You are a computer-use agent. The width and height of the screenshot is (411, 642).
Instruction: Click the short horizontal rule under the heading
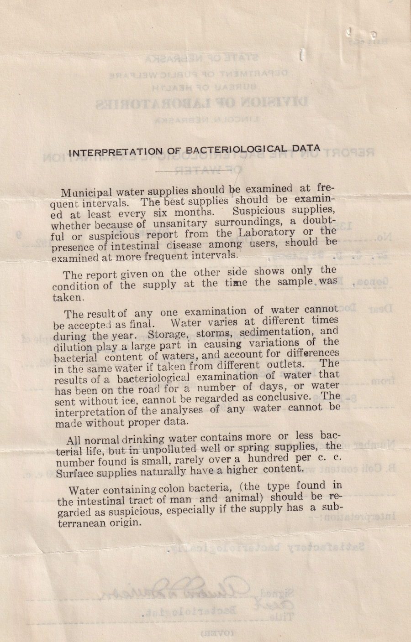pos(194,171)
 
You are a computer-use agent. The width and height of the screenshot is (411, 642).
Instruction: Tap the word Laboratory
pos(265,233)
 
